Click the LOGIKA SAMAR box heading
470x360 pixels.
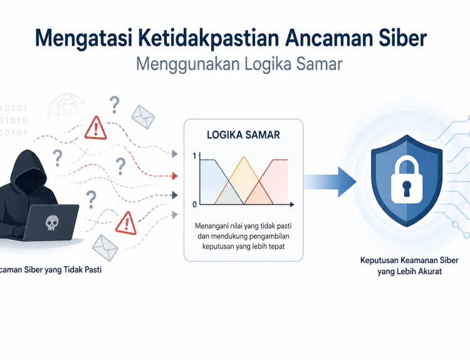(x=243, y=135)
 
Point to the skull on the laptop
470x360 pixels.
(x=52, y=223)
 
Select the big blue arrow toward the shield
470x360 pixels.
(x=330, y=182)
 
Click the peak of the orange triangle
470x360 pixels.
(x=244, y=157)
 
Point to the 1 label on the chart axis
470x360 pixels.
(x=194, y=156)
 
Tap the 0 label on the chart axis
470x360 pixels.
(x=194, y=204)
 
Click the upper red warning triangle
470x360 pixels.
(x=96, y=128)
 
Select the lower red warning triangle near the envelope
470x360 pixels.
(x=126, y=223)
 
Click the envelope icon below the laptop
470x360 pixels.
(x=105, y=248)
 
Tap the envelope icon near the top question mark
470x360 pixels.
(x=143, y=117)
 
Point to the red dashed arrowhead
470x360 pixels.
(x=175, y=176)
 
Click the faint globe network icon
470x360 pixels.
(x=66, y=110)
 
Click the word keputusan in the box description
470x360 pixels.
(x=215, y=247)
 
